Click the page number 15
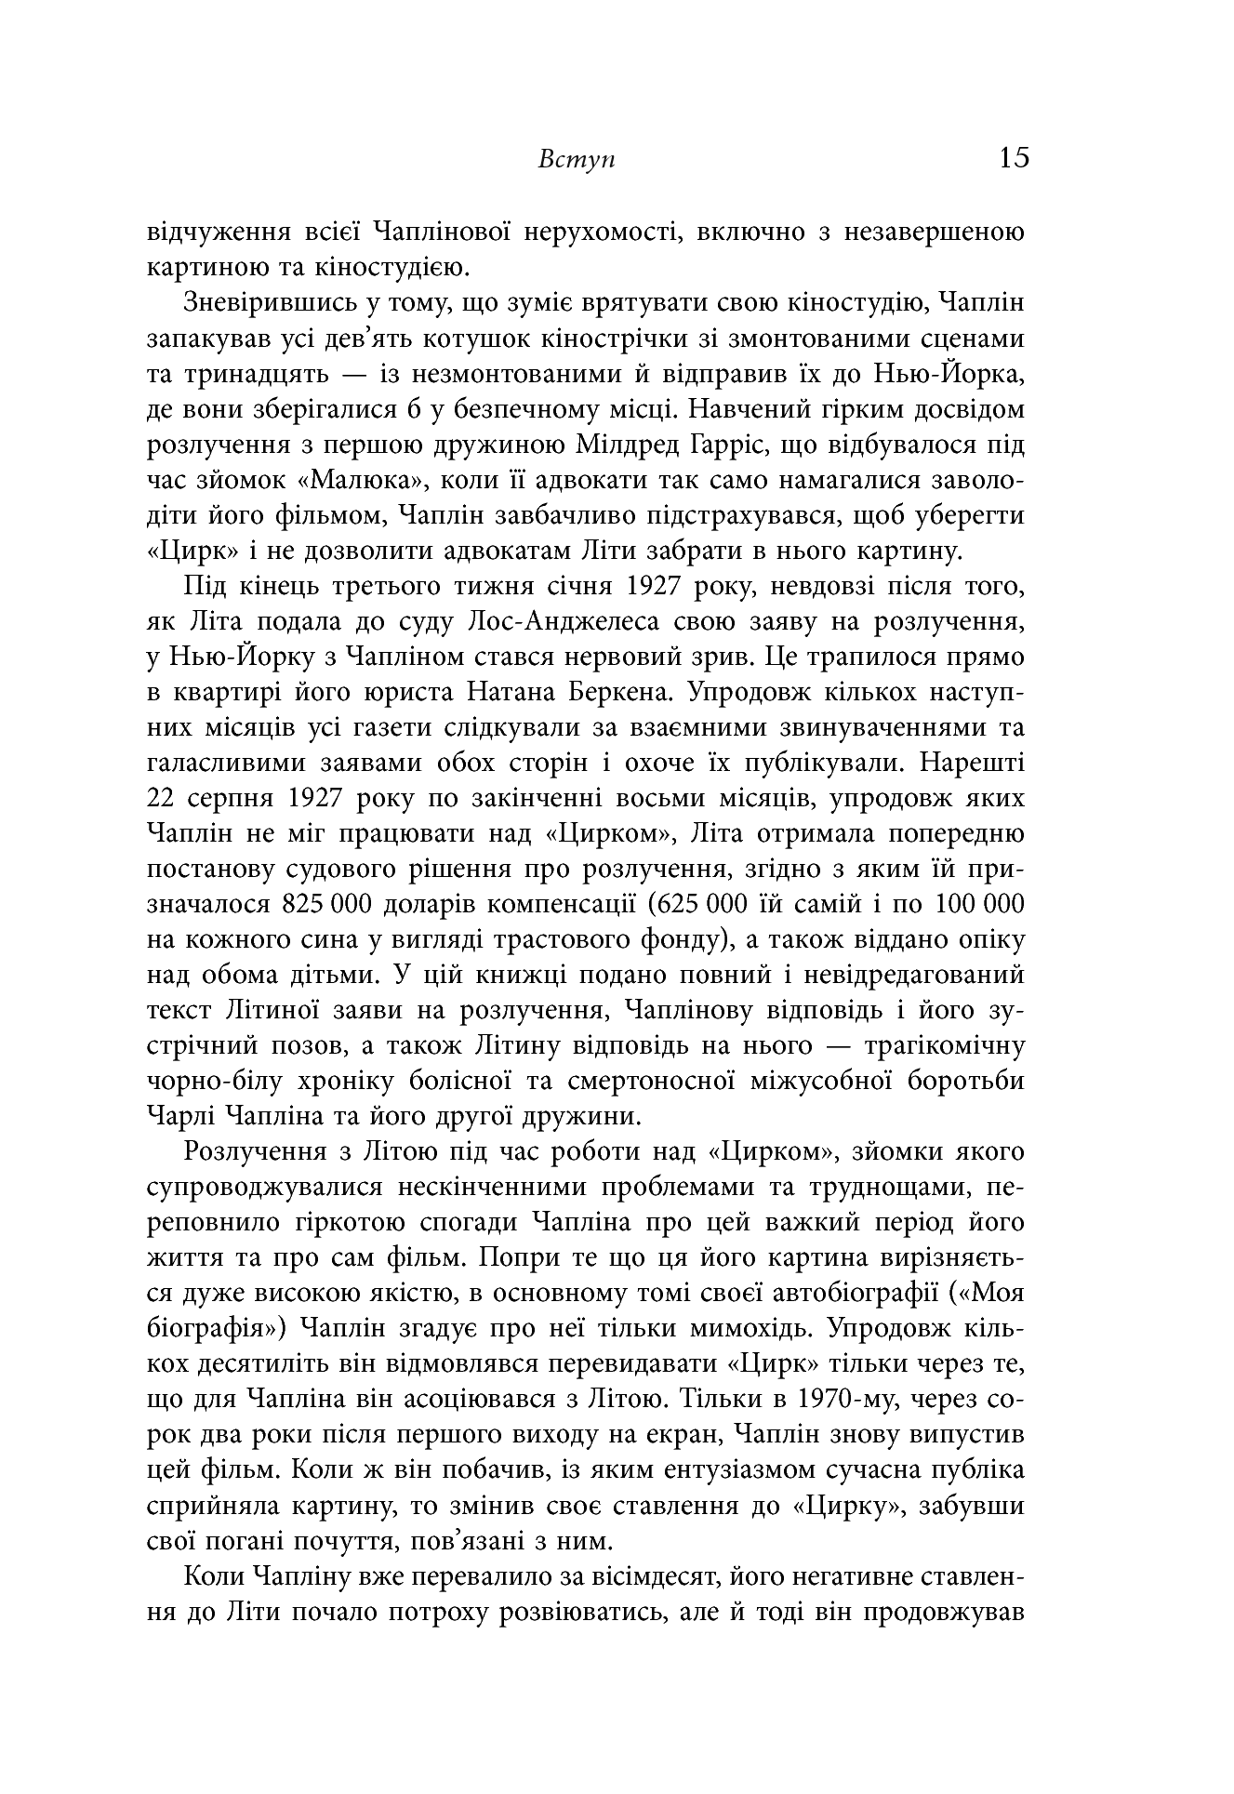click(x=1014, y=157)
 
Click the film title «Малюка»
click(x=334, y=481)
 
